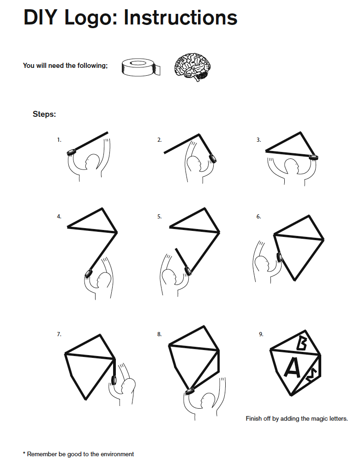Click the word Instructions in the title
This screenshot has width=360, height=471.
[180, 18]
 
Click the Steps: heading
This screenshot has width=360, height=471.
[44, 114]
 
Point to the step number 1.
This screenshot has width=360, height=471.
[59, 139]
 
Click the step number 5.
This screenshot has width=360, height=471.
[159, 216]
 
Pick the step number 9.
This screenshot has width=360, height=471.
[261, 334]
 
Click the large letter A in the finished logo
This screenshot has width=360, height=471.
[293, 368]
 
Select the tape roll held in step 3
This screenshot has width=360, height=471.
[314, 157]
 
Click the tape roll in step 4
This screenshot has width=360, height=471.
[88, 275]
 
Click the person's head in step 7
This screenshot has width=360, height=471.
[129, 385]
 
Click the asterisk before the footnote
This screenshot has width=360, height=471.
[24, 453]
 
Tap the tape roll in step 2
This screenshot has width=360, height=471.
[213, 158]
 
